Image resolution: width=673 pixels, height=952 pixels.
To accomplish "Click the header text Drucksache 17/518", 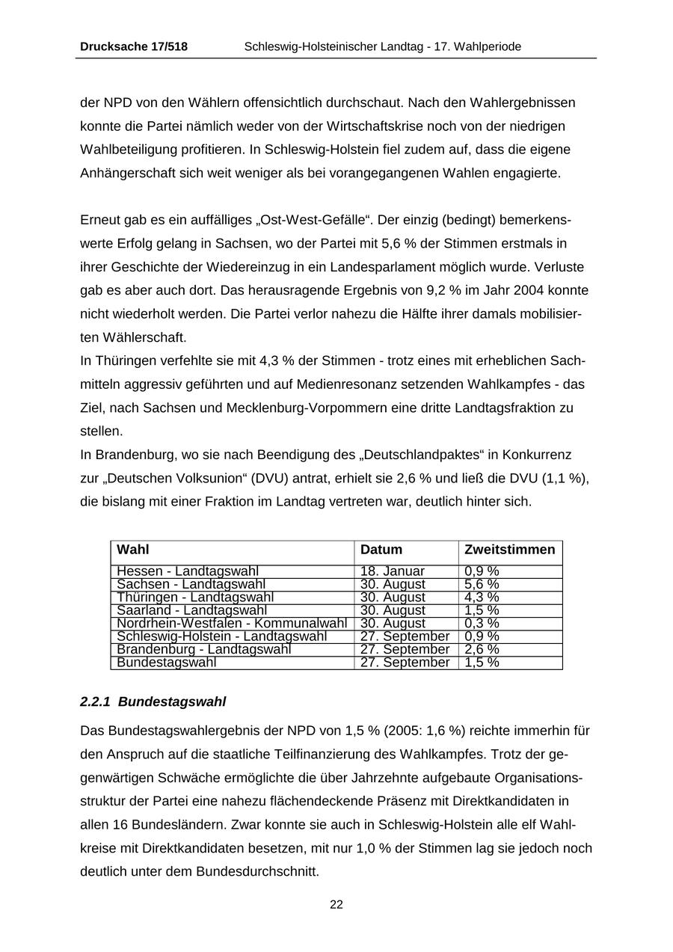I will pos(134,46).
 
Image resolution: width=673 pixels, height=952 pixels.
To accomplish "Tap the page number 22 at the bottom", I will pos(336,905).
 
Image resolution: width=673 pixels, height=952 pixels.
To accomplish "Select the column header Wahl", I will pos(133,550).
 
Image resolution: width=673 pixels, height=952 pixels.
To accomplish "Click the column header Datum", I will pos(381,550).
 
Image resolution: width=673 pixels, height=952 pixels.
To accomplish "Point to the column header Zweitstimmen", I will pos(510,550).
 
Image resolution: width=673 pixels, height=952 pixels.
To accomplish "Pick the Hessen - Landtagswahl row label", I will pos(188,572).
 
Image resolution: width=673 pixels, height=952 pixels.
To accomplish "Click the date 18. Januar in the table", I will pos(393,572).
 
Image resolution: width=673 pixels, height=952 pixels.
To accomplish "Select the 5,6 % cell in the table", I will pos(482,584).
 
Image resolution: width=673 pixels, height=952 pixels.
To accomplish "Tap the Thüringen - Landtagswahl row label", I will pos(195,598).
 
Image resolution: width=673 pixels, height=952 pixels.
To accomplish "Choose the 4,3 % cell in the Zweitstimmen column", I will pos(482,598).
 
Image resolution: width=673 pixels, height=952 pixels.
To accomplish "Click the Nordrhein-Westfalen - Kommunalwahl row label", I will pos(232,624).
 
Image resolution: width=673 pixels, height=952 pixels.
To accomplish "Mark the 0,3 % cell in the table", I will pos(482,624).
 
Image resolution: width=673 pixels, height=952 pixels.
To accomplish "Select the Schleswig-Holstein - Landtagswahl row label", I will pos(222,636).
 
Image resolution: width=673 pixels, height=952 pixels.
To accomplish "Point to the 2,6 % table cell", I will pos(482,649).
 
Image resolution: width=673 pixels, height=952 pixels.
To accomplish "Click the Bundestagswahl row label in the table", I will pos(167,663).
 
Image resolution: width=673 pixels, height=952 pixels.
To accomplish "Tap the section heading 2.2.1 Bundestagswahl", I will pos(153,702).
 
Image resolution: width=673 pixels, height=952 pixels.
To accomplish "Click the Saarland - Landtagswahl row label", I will pos(192,610).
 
